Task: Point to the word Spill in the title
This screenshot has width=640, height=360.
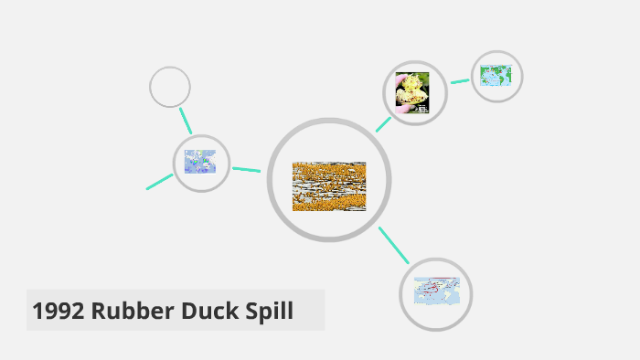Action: point(267,312)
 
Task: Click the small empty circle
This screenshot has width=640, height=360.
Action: point(170,88)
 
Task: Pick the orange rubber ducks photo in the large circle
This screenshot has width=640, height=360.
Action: point(329,186)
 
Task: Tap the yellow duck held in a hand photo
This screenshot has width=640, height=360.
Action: point(412,92)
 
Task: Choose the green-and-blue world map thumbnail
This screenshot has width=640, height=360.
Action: point(496,76)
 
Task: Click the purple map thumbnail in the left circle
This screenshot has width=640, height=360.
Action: point(200,163)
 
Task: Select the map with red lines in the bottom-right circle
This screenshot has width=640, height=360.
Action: point(436,293)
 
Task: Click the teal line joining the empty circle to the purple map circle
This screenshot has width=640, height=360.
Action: point(186,121)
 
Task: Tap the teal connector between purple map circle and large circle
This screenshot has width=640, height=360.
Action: point(246,169)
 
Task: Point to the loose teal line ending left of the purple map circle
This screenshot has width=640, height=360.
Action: point(159,181)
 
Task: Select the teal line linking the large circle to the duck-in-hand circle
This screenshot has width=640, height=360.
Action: point(383,124)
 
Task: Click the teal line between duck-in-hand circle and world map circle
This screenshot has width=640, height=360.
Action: point(460,81)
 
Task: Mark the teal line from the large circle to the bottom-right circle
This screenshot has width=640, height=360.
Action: point(394,245)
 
